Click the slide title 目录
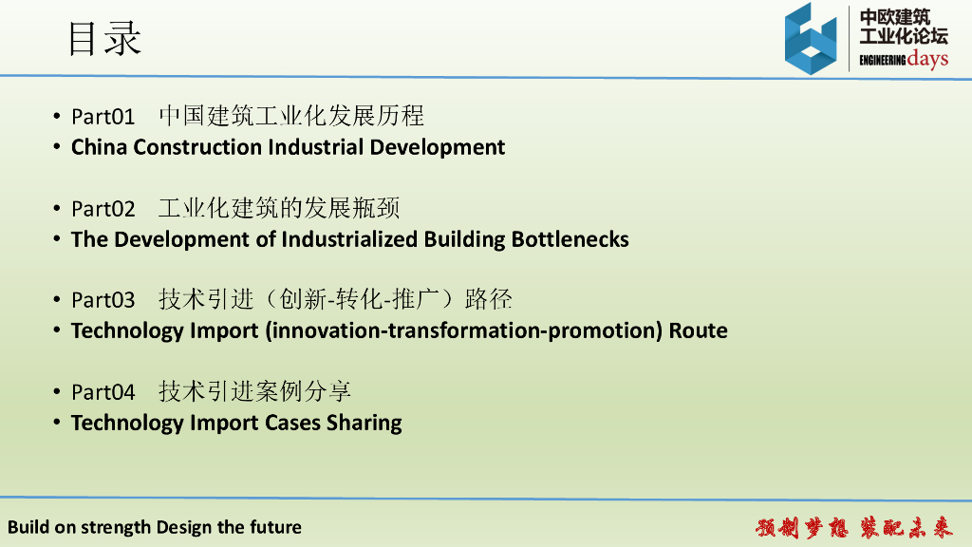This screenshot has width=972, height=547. (x=104, y=38)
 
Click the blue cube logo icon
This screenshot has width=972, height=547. (x=811, y=38)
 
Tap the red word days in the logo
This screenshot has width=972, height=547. (x=927, y=60)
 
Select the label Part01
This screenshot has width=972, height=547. (x=103, y=117)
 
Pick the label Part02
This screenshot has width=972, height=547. (x=103, y=209)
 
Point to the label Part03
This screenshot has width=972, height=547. (x=103, y=300)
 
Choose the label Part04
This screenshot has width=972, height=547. (x=103, y=392)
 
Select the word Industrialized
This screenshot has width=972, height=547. (x=349, y=239)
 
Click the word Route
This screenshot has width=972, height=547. (x=698, y=330)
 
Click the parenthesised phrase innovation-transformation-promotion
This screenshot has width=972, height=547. (x=464, y=331)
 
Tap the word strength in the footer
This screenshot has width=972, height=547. (x=116, y=528)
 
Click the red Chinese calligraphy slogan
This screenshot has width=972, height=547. (x=853, y=528)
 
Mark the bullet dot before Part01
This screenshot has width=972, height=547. (x=56, y=116)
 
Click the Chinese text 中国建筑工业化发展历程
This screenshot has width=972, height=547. (x=291, y=116)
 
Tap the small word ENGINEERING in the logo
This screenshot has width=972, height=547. (x=882, y=60)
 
